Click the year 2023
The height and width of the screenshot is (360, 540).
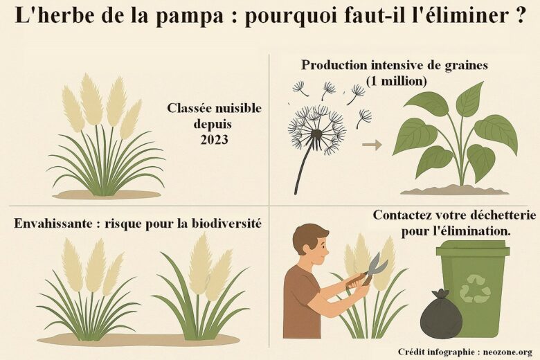[x=214, y=140]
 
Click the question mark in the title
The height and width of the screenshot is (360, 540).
[x=520, y=15]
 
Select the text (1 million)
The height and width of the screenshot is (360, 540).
[x=397, y=80]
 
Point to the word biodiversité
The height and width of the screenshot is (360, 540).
[x=226, y=223]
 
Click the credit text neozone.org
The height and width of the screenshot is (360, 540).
[x=508, y=352]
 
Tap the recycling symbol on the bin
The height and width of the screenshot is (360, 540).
[x=476, y=288]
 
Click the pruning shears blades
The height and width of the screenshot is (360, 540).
[x=377, y=264]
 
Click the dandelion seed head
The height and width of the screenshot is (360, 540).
[x=317, y=130]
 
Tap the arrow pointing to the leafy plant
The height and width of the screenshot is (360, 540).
[x=372, y=145]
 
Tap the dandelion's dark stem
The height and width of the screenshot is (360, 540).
[x=304, y=165]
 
